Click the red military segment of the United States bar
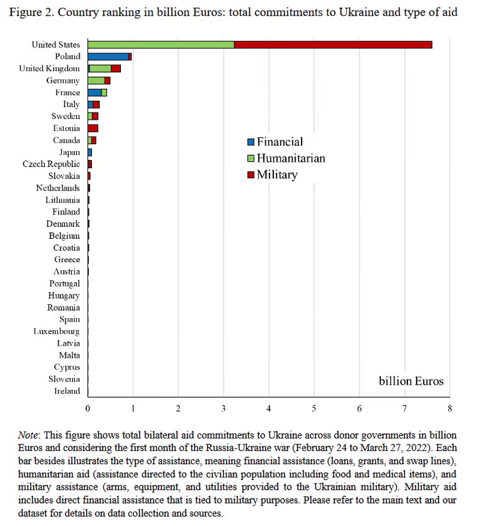tap(332, 45)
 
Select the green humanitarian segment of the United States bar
tap(161, 45)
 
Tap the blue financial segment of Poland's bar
tap(108, 57)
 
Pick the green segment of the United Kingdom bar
tap(101, 68)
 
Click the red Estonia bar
tap(93, 128)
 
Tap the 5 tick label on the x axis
tap(314, 408)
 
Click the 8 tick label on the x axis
tap(449, 408)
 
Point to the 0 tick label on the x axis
tap(88, 408)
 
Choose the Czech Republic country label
tap(51, 164)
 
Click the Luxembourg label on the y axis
tap(57, 331)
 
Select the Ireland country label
tap(67, 391)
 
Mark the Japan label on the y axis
tap(69, 152)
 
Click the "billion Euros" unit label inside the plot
tap(411, 381)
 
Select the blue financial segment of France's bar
tap(95, 93)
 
